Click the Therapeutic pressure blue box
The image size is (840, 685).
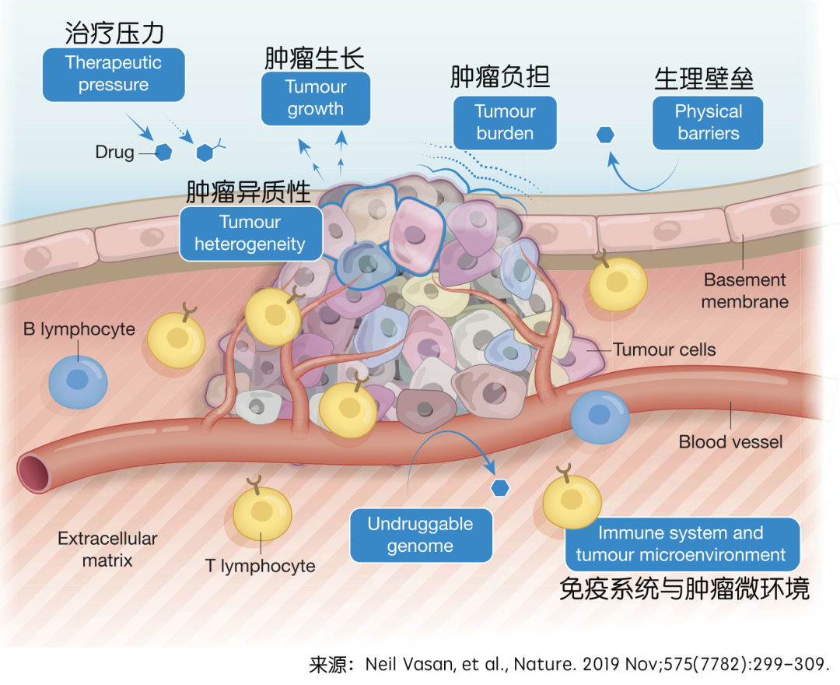114,74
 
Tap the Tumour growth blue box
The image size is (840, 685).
315,98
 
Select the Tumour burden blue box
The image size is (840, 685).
505,122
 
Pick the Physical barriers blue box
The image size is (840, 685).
708,122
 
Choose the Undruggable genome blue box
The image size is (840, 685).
421,535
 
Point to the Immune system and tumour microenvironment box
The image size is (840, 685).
681,544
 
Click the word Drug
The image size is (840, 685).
114,153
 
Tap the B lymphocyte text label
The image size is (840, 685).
79,329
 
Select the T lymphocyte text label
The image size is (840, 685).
261,566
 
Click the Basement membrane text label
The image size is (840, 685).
744,290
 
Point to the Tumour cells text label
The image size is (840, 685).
664,350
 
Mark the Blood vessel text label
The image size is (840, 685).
730,442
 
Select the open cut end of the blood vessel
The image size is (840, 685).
33,472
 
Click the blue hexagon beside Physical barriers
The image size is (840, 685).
605,135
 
